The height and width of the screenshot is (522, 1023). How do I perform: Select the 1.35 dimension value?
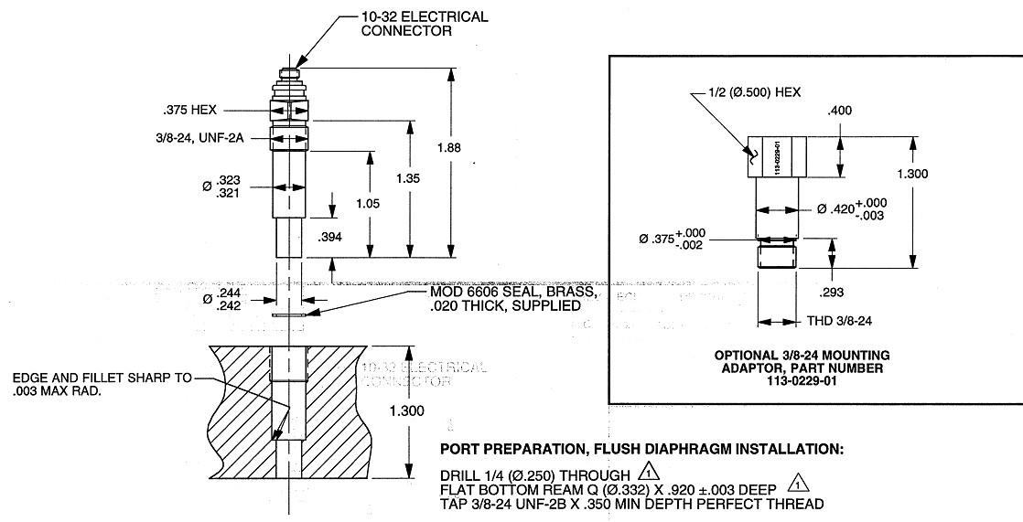coord(408,179)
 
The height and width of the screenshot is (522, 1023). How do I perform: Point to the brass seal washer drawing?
coord(291,315)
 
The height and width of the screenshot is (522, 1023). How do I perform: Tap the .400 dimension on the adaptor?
coord(840,111)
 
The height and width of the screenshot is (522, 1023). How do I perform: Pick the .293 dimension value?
coord(833,293)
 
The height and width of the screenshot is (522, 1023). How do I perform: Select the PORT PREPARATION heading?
coord(641,450)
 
